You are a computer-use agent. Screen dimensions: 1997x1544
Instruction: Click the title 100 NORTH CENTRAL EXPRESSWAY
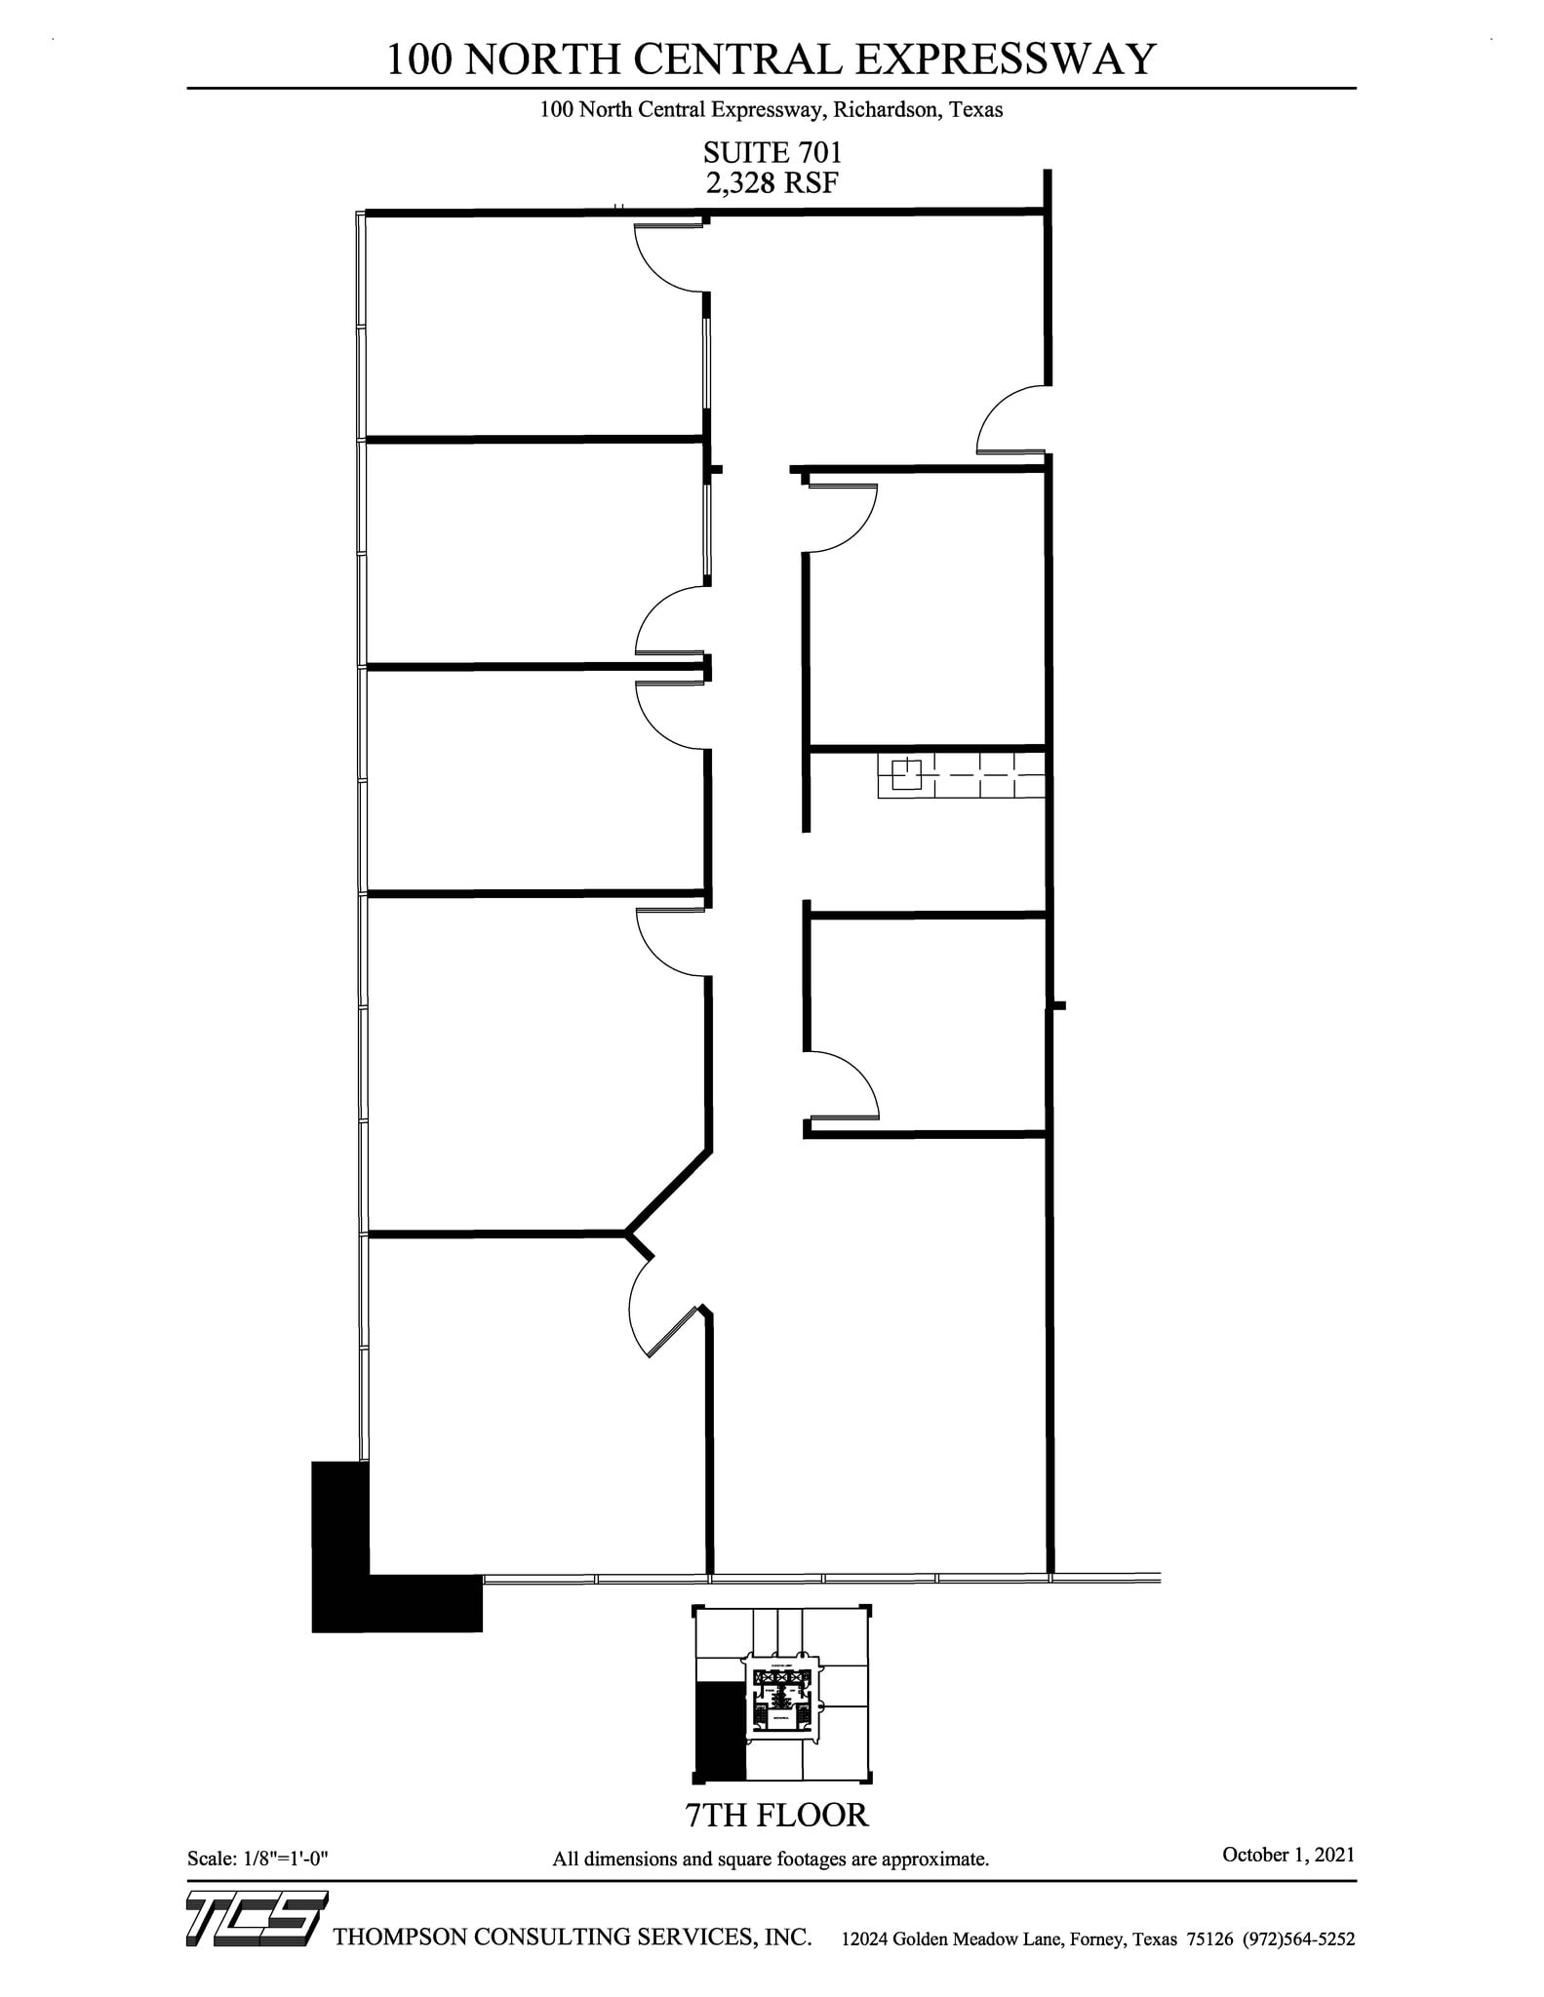point(771,60)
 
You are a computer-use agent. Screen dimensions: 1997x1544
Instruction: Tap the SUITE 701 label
point(772,153)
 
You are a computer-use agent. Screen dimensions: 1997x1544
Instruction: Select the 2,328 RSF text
point(772,182)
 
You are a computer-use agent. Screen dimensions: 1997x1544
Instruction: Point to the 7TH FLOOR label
point(776,1815)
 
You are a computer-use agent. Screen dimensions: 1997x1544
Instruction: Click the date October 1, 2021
point(1287,1854)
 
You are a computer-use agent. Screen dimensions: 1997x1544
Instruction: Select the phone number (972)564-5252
point(1298,1938)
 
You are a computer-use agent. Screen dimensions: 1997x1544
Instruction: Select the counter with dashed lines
point(961,775)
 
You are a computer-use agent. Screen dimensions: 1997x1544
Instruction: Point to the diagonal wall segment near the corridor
point(669,1190)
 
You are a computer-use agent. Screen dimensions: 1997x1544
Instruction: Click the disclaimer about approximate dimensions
point(771,1859)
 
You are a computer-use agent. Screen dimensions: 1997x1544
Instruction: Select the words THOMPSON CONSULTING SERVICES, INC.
point(573,1937)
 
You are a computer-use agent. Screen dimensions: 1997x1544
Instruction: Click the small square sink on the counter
point(907,773)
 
